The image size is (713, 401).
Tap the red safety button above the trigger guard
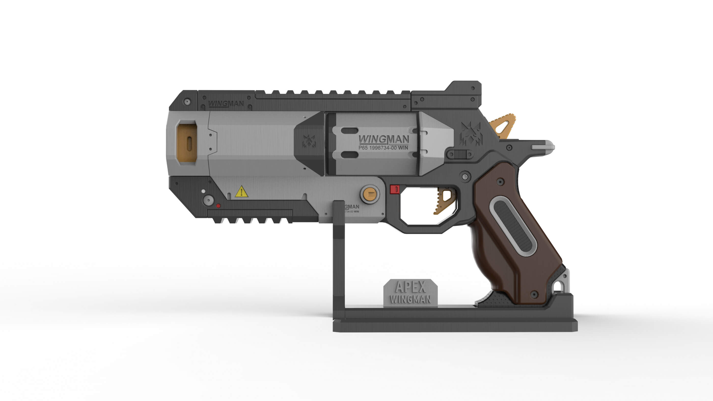(x=395, y=189)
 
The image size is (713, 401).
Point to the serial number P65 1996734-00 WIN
(x=383, y=148)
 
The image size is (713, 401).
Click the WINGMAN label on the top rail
(x=226, y=104)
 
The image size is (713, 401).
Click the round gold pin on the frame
(x=369, y=194)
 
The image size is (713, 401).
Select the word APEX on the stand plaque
(x=410, y=287)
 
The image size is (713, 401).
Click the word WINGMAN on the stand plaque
(x=410, y=299)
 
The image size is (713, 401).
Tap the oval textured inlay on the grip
(x=513, y=225)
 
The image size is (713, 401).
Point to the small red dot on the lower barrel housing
(x=218, y=206)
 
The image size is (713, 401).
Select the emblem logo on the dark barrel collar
(x=309, y=141)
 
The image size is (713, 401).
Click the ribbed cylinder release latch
(x=459, y=154)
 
